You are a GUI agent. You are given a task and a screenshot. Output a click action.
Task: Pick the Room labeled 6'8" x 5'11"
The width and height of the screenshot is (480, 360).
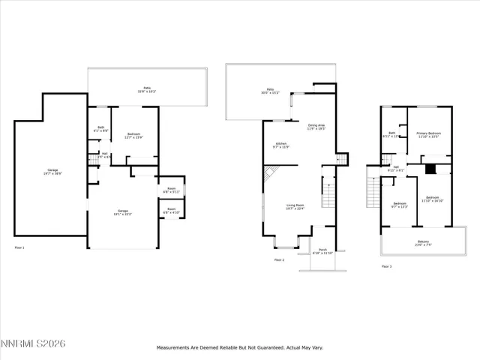171,190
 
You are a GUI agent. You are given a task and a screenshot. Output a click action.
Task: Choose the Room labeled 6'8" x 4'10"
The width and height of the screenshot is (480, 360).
171,211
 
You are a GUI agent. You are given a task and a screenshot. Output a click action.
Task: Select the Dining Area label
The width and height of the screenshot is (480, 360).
316,127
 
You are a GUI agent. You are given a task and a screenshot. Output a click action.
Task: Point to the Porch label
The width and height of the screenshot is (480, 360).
322,250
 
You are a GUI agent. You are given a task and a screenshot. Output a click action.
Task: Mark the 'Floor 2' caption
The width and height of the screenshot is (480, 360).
279,259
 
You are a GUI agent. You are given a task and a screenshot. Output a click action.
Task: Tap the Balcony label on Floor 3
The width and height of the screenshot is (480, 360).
424,243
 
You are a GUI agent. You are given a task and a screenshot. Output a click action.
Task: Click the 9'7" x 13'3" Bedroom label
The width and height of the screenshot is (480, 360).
399,205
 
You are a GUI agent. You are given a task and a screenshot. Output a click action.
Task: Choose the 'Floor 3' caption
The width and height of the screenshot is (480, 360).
386,266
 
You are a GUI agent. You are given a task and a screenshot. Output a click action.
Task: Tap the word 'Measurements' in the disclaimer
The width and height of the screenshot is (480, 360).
174,348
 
